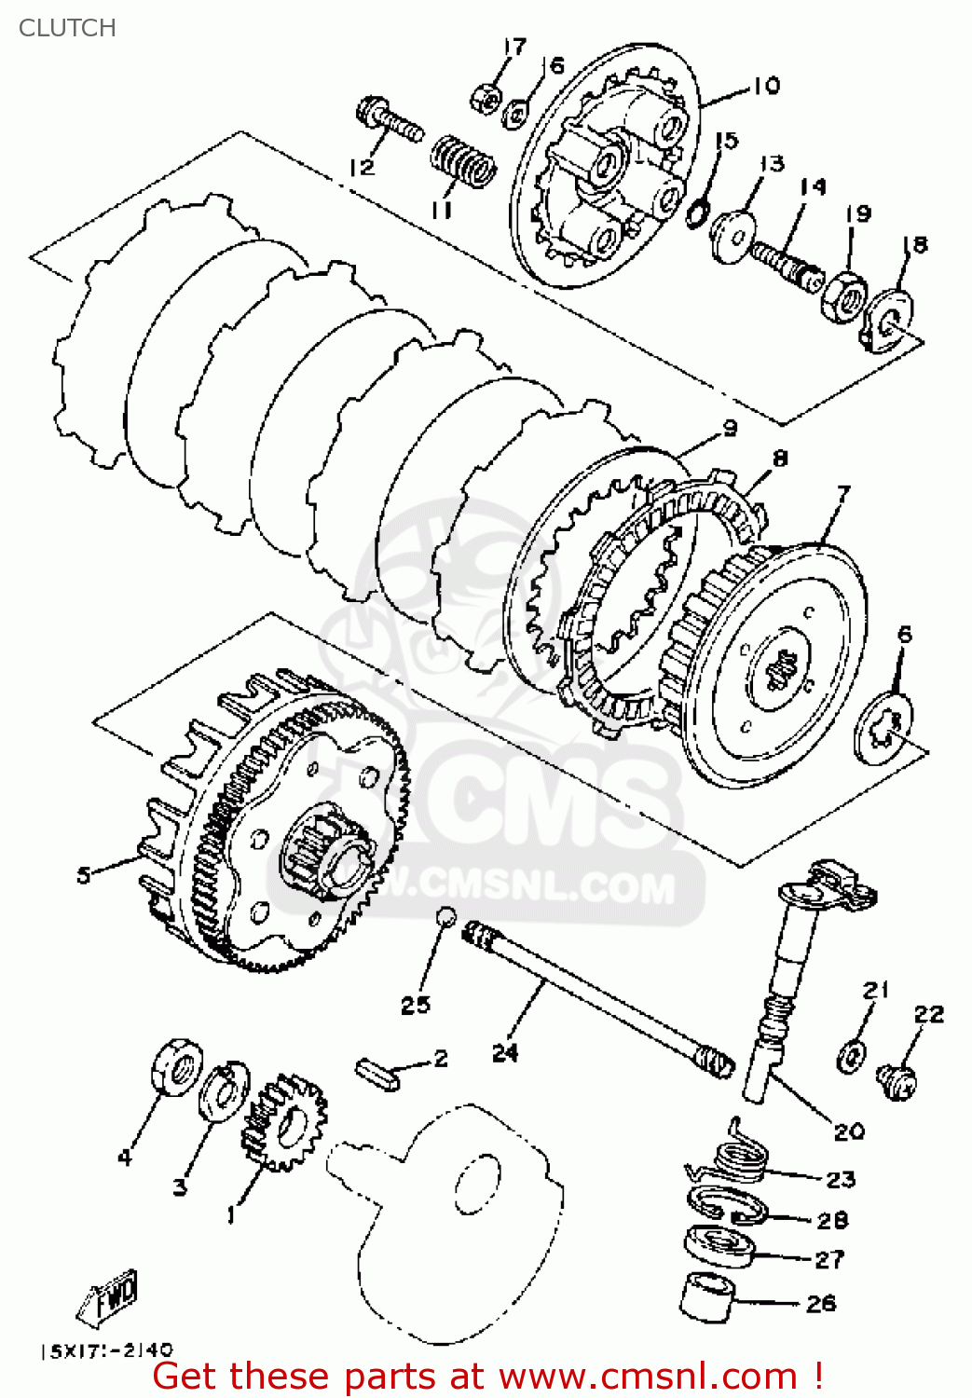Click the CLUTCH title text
(x=67, y=28)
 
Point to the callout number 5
(x=84, y=875)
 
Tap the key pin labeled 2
(x=377, y=1072)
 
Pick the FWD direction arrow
(x=110, y=1295)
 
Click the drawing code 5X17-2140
(x=106, y=1350)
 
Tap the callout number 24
(x=504, y=1052)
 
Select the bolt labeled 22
(x=897, y=1081)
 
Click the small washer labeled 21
(x=851, y=1054)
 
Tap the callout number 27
(x=829, y=1259)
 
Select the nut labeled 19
(x=845, y=296)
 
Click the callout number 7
(x=843, y=492)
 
